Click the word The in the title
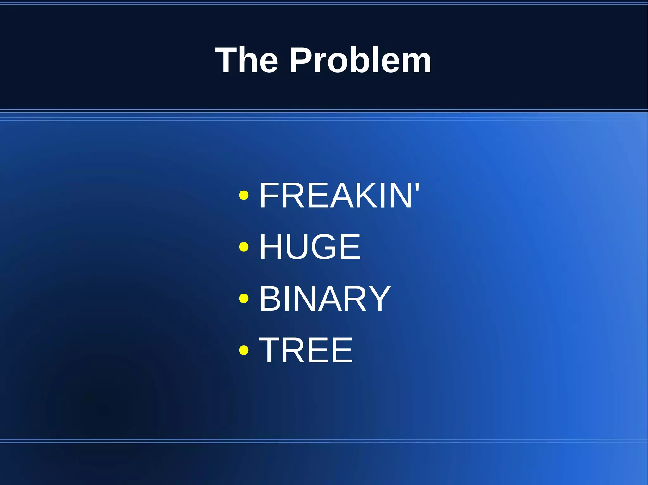[246, 60]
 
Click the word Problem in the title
[360, 60]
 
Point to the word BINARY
[325, 298]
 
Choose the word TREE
[306, 350]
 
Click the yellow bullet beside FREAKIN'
[244, 196]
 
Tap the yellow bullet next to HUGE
[244, 247]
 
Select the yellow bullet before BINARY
[244, 298]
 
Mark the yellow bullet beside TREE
[244, 350]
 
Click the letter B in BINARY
[270, 298]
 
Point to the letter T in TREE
[270, 350]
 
